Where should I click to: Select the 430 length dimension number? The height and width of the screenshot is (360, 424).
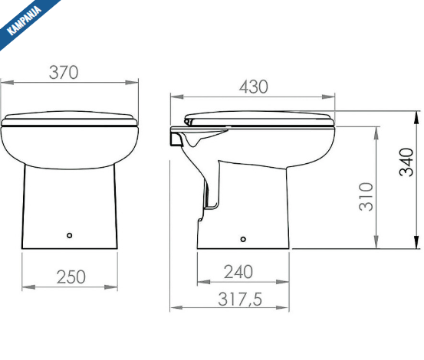click(253, 87)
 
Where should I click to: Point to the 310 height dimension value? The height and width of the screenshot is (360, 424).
click(366, 198)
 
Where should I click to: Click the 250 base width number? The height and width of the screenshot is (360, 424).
click(71, 277)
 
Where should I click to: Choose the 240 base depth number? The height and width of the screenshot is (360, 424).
click(239, 271)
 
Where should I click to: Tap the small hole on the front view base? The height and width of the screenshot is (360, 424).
click(69, 236)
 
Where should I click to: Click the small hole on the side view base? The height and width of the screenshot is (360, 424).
click(244, 239)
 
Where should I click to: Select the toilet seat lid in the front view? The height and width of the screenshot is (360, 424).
click(70, 119)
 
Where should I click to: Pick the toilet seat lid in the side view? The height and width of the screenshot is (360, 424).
click(261, 118)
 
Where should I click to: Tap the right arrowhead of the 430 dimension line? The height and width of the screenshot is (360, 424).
click(333, 97)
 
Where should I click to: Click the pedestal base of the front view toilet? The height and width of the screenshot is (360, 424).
click(70, 207)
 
